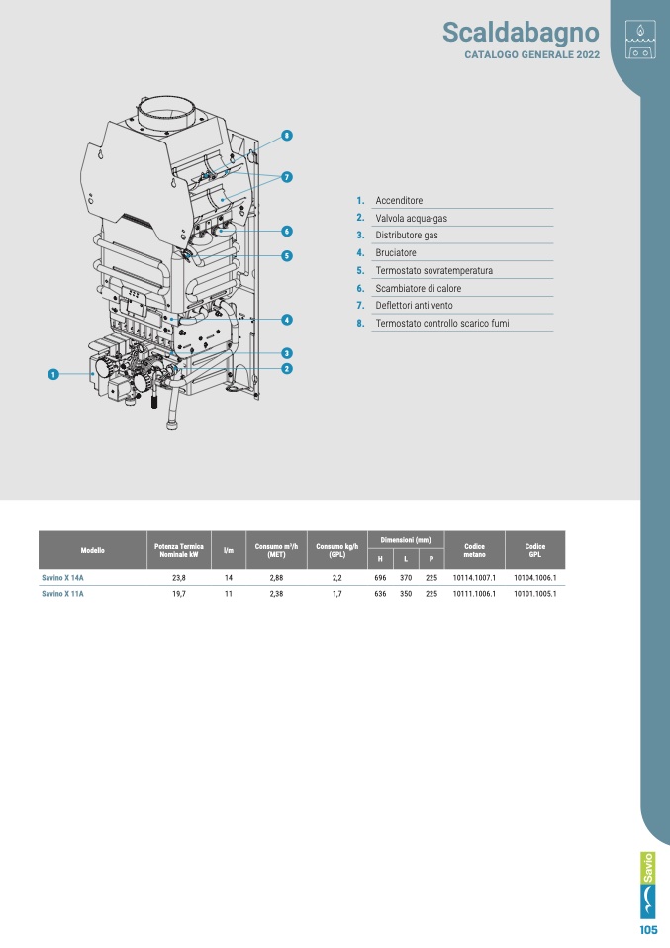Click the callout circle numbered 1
click(x=53, y=374)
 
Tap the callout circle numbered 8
click(x=287, y=136)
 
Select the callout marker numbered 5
click(x=287, y=255)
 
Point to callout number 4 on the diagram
click(x=287, y=320)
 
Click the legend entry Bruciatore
click(x=396, y=252)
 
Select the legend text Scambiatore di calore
click(x=419, y=288)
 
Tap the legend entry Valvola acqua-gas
click(x=411, y=219)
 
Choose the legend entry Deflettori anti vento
click(x=415, y=306)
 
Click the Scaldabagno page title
click(x=521, y=33)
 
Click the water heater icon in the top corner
click(x=640, y=39)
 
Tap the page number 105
click(x=648, y=930)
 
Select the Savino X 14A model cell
click(x=63, y=578)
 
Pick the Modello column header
click(x=92, y=550)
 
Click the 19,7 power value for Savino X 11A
click(x=179, y=594)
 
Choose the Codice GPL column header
click(x=535, y=550)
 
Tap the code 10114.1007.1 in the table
click(x=475, y=578)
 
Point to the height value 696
click(x=380, y=578)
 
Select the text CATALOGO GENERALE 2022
click(x=532, y=55)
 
